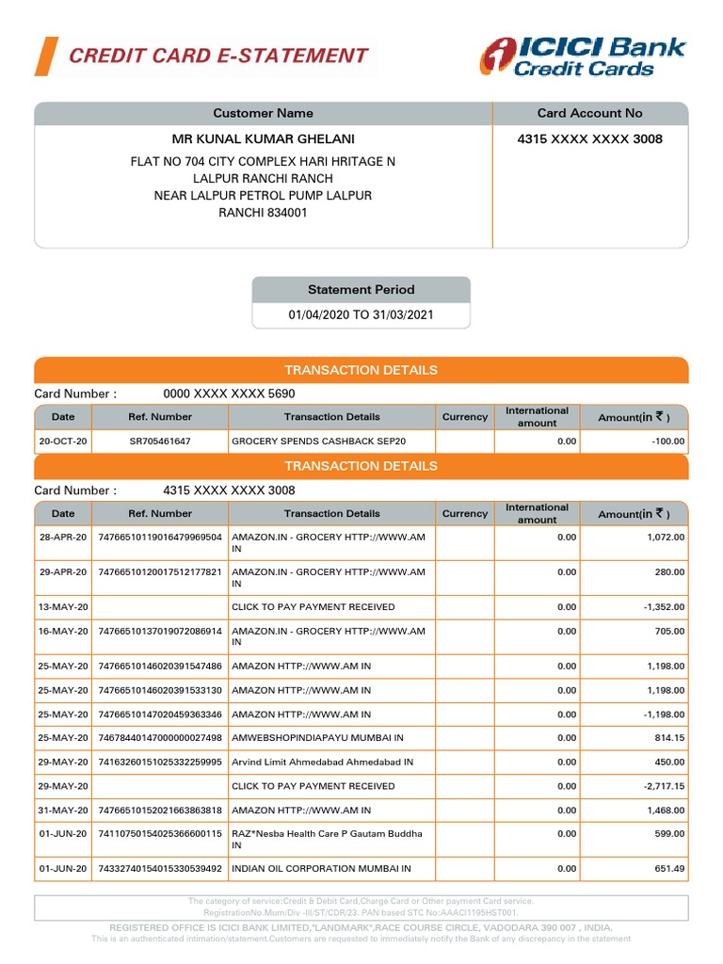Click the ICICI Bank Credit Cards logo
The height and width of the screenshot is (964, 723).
tap(583, 56)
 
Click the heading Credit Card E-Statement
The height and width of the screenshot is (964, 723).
tap(218, 56)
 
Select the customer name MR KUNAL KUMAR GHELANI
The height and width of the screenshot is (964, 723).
tap(263, 139)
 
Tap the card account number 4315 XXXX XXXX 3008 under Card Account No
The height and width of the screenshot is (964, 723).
tap(589, 139)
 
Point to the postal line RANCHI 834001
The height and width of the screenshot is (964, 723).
tap(263, 213)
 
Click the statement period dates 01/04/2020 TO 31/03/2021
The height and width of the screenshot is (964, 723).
tap(361, 315)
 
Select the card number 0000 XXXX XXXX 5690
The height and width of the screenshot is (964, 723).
tap(229, 394)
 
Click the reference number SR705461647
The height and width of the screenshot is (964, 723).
tap(159, 441)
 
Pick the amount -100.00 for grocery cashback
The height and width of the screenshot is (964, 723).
tap(667, 441)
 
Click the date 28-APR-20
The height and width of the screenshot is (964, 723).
tap(63, 537)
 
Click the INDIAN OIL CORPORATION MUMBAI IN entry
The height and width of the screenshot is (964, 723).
tap(321, 869)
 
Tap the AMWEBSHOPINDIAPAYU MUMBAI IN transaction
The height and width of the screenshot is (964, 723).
tap(317, 738)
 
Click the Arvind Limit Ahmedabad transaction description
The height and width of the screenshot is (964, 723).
tap(322, 762)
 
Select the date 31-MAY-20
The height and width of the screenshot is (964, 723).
tap(63, 810)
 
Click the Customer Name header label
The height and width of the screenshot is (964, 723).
tap(263, 113)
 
